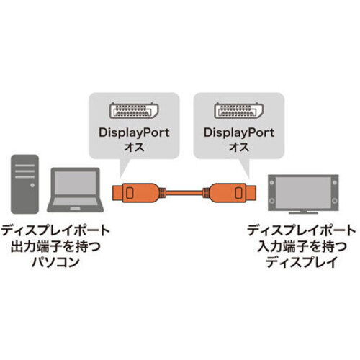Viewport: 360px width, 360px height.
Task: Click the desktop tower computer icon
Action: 24,184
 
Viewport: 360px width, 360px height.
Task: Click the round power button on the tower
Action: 32,185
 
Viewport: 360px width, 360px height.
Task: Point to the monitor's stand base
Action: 303,212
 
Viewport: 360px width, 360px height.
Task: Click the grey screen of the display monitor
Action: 303,192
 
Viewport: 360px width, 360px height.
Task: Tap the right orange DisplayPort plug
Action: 230,192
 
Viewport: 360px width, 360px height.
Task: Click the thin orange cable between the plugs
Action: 184,192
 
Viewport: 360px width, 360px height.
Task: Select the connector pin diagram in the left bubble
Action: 134,110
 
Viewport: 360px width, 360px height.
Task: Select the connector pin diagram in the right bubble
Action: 239,110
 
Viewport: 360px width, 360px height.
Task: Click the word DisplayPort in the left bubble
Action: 134,133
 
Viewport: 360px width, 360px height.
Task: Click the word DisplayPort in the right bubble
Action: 239,133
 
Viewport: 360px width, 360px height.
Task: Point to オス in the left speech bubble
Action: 134,147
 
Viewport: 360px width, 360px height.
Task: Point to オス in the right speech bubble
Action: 239,147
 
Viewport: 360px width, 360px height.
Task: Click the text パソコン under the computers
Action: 55,262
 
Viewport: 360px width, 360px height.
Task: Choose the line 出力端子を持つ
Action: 55,246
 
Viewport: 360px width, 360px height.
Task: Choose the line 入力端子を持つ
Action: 302,246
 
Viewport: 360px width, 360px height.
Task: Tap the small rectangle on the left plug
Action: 130,192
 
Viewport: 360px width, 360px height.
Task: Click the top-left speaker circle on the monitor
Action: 271,182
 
